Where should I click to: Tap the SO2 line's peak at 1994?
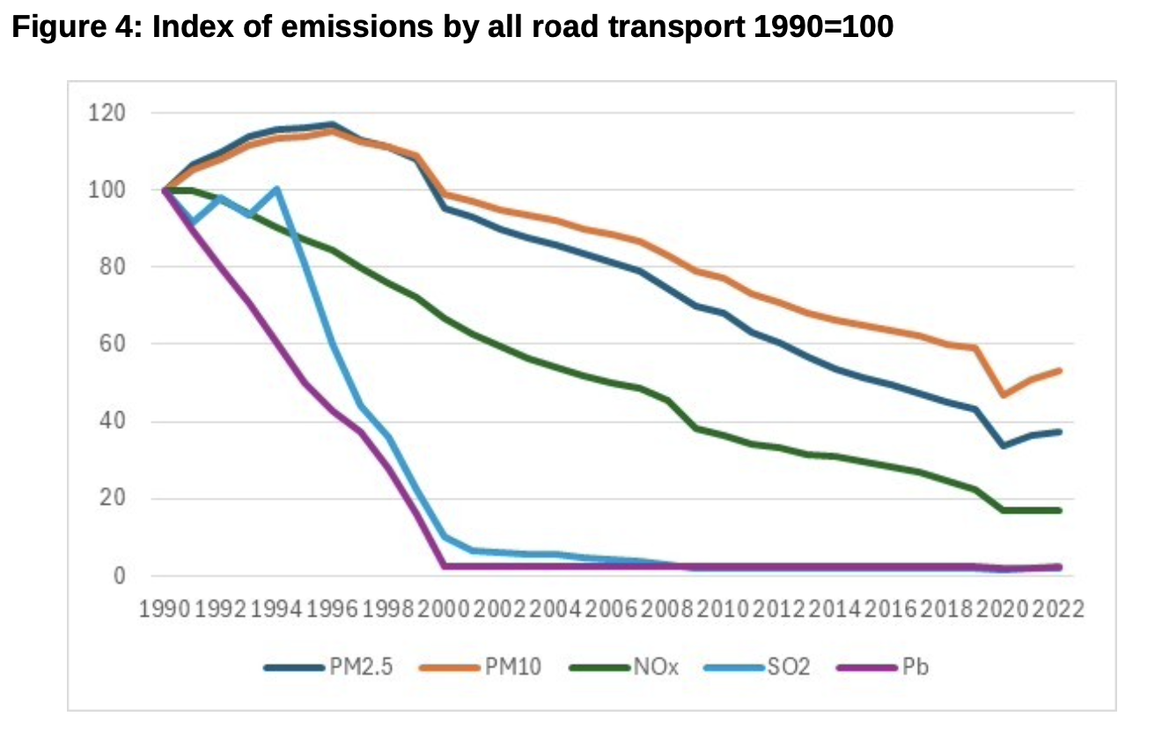(x=277, y=188)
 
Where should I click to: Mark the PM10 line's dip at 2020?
(x=1004, y=395)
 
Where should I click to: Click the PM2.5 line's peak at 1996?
(x=333, y=124)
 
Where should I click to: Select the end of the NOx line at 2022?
(x=1060, y=510)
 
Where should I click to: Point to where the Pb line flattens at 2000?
(x=445, y=565)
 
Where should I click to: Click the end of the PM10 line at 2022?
(x=1060, y=371)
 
